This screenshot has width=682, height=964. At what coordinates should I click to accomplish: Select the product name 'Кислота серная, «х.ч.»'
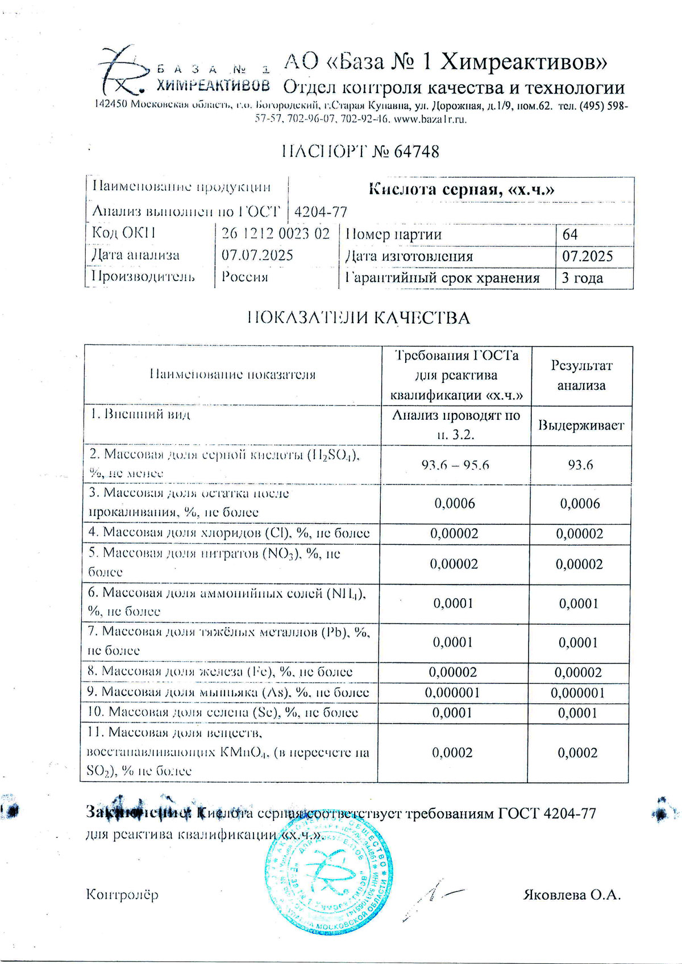tap(461, 189)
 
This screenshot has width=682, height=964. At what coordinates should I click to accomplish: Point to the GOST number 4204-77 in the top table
tap(321, 212)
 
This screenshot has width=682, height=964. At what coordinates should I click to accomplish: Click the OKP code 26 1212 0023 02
tap(275, 233)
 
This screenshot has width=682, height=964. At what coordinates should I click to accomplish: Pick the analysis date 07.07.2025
tap(257, 255)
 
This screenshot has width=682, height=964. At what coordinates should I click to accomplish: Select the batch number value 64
tap(570, 234)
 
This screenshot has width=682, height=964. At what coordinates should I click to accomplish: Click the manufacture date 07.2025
tap(588, 256)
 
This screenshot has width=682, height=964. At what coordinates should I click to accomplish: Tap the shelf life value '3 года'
tap(582, 278)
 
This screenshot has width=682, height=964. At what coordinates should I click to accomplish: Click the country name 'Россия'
tap(244, 277)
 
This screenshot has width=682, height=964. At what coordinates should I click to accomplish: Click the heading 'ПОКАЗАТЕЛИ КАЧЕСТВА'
tap(359, 318)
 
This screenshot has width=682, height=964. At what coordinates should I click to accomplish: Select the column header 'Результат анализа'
tap(581, 375)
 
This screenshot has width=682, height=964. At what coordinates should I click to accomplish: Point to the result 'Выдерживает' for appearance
tap(581, 425)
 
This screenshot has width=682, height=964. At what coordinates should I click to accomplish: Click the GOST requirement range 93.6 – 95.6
tap(455, 465)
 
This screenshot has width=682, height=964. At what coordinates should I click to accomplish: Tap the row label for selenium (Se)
tap(222, 712)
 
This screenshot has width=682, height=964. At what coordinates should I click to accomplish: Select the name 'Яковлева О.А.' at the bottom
tap(572, 895)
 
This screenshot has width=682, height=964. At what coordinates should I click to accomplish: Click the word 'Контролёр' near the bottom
tap(122, 895)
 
